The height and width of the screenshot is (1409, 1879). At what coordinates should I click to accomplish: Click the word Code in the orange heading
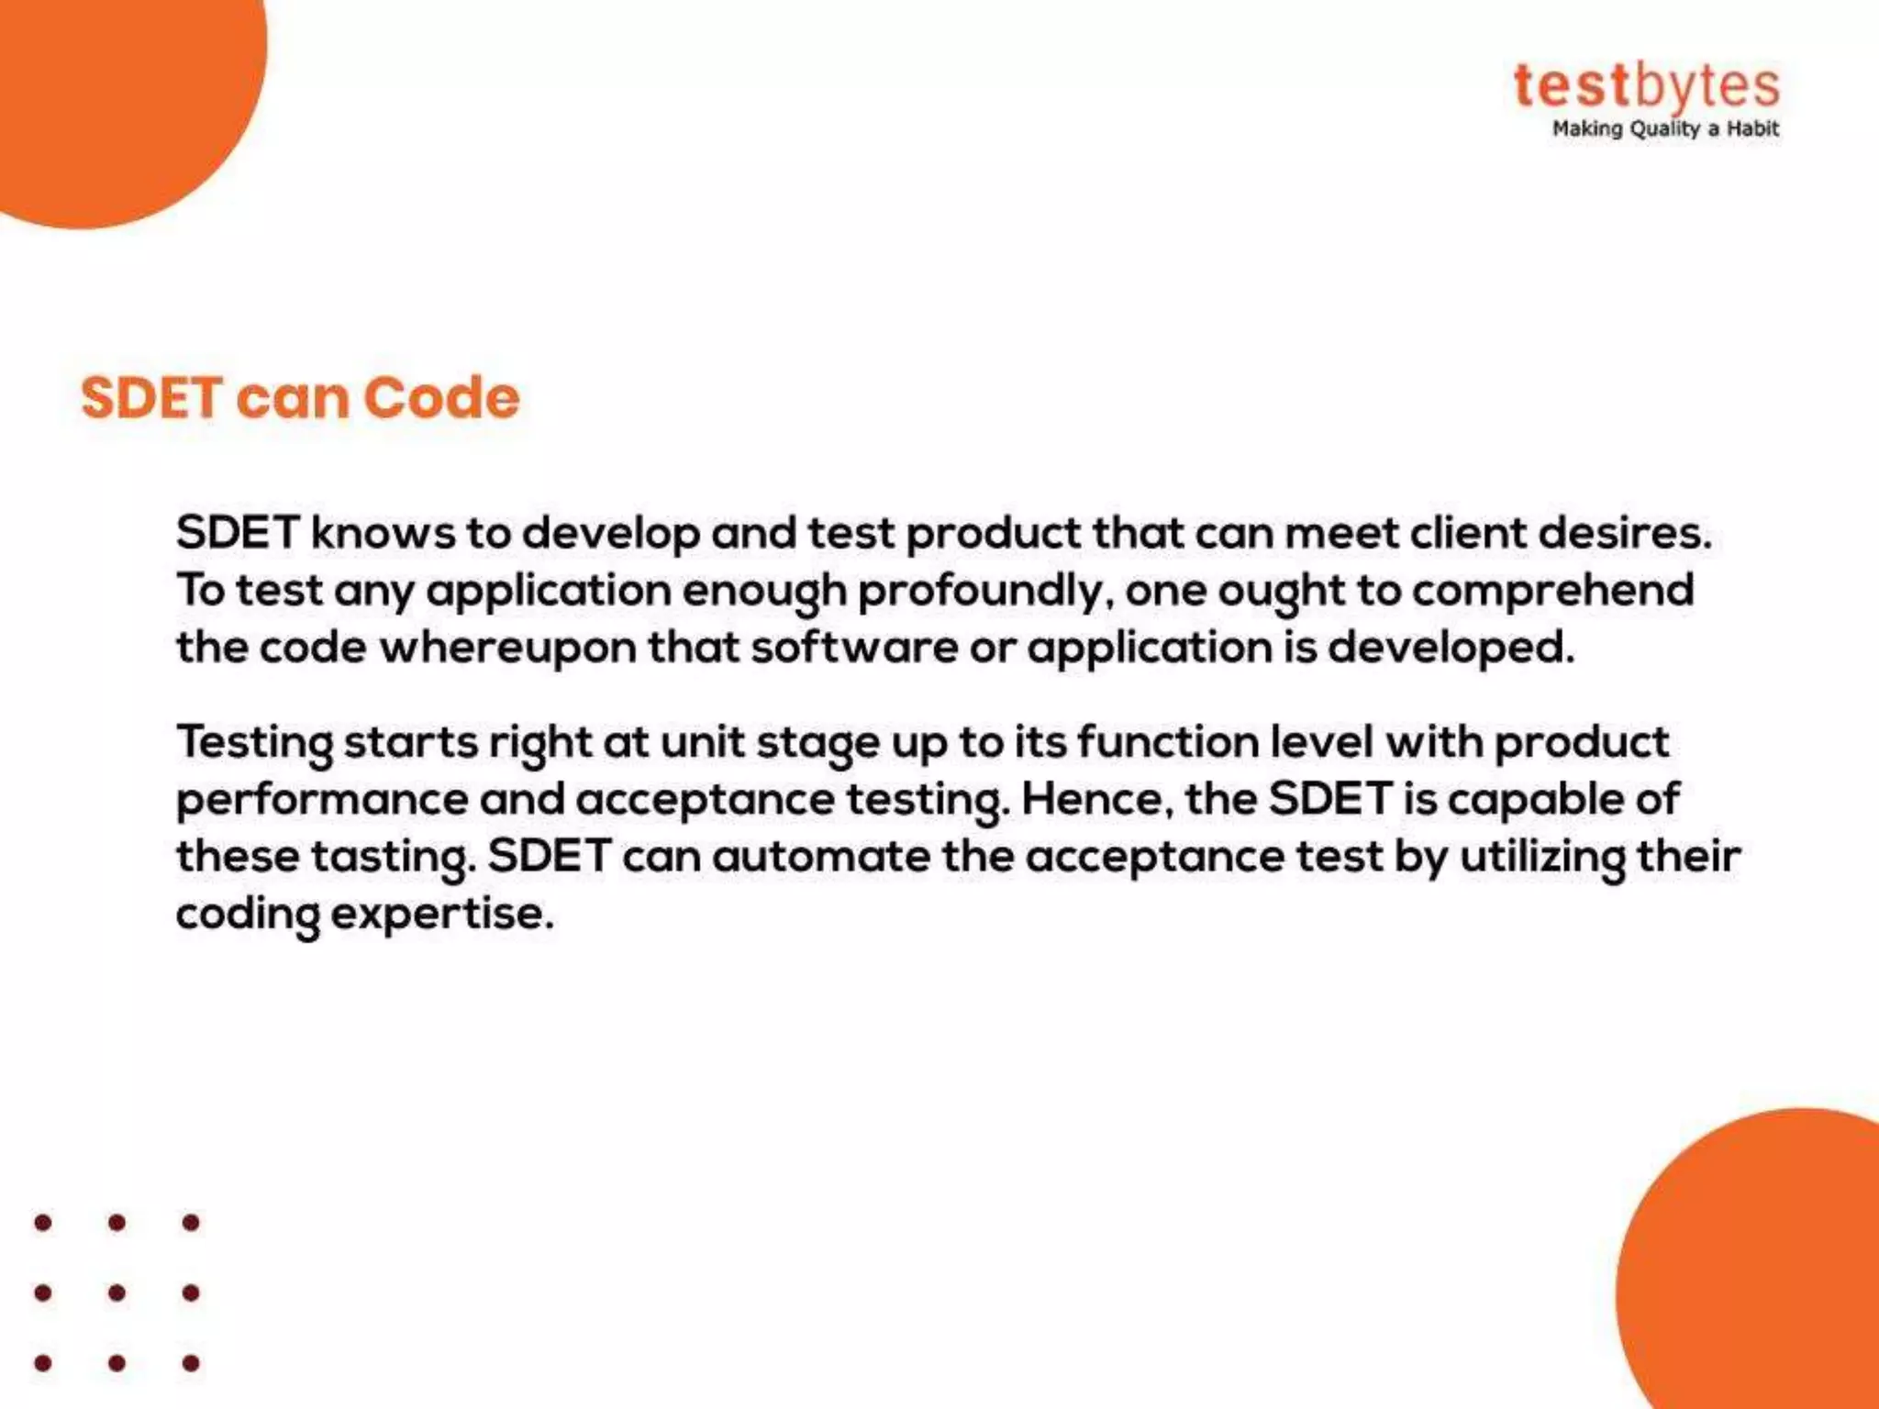pyautogui.click(x=441, y=398)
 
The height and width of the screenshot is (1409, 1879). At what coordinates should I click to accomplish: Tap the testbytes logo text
pyautogui.click(x=1646, y=86)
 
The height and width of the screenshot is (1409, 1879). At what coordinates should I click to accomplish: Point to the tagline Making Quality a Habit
pyautogui.click(x=1664, y=129)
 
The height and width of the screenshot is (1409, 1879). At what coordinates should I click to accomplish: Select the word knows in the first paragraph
pyautogui.click(x=383, y=533)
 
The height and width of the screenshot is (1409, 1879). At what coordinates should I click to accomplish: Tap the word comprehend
pyautogui.click(x=1552, y=592)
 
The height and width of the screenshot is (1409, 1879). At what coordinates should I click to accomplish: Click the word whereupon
pyautogui.click(x=508, y=648)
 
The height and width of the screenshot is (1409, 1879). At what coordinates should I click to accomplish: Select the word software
pyautogui.click(x=854, y=648)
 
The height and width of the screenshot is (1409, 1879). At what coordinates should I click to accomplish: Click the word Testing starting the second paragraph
pyautogui.click(x=254, y=743)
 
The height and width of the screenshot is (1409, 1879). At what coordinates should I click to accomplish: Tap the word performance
pyautogui.click(x=322, y=800)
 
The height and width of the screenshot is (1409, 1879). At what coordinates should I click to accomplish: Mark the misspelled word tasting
pyautogui.click(x=395, y=858)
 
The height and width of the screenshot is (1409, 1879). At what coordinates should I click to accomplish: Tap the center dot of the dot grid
pyautogui.click(x=117, y=1293)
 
